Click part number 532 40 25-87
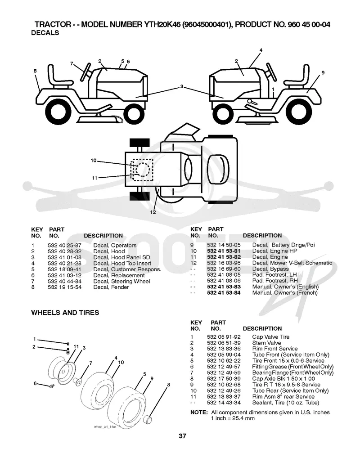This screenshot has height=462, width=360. click(x=64, y=246)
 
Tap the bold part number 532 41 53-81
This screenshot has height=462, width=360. click(x=224, y=251)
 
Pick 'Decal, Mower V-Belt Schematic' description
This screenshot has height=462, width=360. click(x=292, y=263)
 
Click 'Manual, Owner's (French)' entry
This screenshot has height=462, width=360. click(x=285, y=293)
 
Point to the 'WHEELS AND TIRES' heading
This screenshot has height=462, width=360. click(x=65, y=313)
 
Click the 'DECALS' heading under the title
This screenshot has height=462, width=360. click(x=45, y=33)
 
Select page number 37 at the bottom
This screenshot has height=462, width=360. click(x=183, y=436)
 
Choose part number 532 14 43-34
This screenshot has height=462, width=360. click(x=224, y=403)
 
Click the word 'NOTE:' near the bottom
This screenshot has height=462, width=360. click(x=199, y=413)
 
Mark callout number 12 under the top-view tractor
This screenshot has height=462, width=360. click(x=153, y=212)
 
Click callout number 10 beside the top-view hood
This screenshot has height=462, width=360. click(x=94, y=161)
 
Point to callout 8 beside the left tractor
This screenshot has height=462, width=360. click(x=35, y=71)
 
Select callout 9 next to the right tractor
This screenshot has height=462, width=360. click(x=323, y=72)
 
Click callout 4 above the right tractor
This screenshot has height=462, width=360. click(x=261, y=50)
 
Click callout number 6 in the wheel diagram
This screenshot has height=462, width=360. click(x=35, y=383)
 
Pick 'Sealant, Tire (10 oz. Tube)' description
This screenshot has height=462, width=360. click(x=286, y=403)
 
